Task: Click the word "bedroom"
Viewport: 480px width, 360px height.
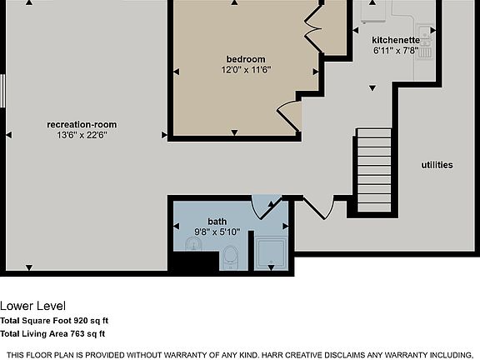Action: pos(246,58)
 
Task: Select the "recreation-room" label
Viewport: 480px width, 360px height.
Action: pos(82,124)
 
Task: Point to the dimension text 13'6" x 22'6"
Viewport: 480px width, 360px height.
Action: pos(82,134)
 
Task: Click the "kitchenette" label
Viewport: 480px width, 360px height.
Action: pos(395,39)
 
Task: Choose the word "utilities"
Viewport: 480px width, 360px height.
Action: pos(437,165)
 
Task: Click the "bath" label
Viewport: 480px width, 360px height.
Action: pos(217,221)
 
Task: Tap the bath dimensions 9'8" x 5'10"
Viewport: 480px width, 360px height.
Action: pos(217,232)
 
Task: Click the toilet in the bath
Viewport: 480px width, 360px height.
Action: pos(231,257)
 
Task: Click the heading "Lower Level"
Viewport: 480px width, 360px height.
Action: pos(32,305)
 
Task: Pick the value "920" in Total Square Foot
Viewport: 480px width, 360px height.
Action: pos(82,320)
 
